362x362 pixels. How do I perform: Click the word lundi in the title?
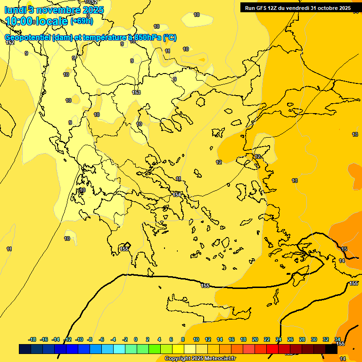click(15, 9)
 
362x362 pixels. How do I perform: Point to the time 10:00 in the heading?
click(19, 21)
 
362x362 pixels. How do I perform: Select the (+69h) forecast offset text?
click(82, 21)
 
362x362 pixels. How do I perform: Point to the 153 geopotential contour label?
click(136, 92)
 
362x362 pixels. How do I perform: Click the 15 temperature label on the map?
click(344, 249)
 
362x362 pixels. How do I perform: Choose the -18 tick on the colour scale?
click(33, 339)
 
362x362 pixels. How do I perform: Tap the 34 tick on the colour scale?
click(337, 339)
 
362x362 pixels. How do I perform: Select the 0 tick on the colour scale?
click(136, 339)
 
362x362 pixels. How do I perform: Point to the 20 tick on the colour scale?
click(255, 339)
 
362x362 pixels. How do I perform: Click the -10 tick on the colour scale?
click(79, 339)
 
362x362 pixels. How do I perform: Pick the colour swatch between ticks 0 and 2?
click(142, 349)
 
